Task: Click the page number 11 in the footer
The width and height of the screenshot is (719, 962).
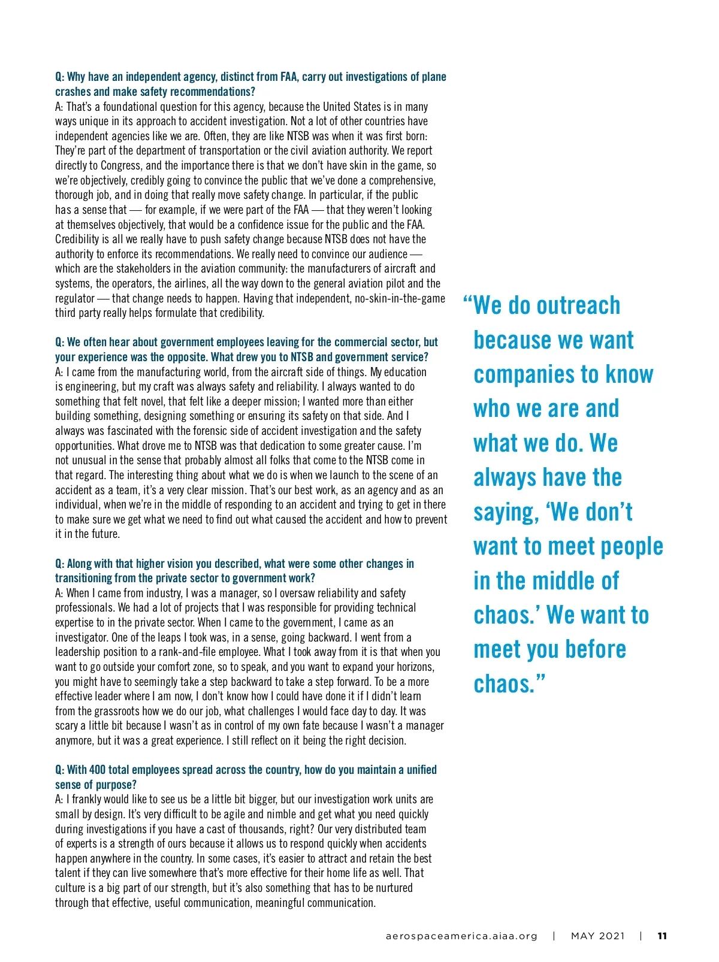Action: coord(662,936)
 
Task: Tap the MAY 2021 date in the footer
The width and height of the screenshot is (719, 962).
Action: coord(597,936)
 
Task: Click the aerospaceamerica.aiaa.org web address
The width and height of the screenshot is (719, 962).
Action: coord(461,936)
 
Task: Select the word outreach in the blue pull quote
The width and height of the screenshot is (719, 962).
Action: coord(576,305)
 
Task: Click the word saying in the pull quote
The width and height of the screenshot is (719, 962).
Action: coord(503,513)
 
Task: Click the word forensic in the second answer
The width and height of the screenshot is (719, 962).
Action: coord(203,431)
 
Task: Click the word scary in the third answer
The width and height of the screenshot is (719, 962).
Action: coord(67,726)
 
